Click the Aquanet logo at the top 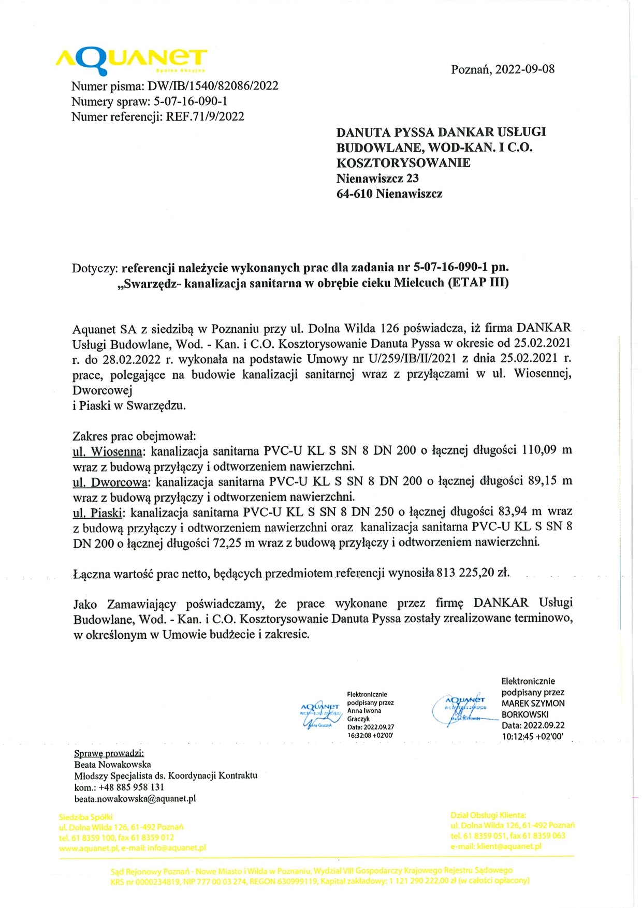(x=132, y=61)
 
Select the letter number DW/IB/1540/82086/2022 (x=213, y=86)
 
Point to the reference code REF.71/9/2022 (x=205, y=116)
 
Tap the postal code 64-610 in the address (x=355, y=194)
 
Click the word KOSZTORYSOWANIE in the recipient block (x=403, y=163)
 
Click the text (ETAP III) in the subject (x=478, y=283)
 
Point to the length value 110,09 (x=539, y=449)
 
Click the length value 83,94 (x=513, y=511)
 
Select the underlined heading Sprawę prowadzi (x=109, y=753)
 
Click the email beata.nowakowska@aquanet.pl (x=135, y=798)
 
